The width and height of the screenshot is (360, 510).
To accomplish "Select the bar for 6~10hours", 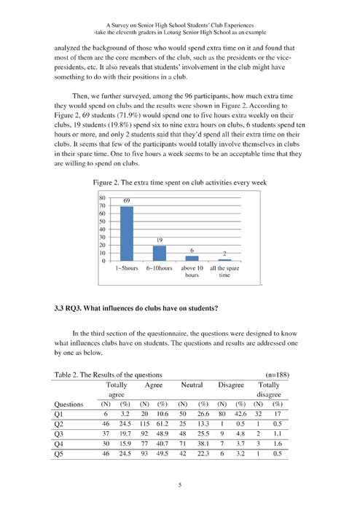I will coord(158,253).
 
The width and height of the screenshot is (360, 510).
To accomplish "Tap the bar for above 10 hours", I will coord(191,258).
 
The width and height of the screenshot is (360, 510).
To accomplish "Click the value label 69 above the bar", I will coord(126,200).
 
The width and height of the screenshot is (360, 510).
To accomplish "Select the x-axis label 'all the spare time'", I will coord(224,272).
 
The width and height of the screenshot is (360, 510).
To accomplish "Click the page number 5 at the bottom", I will coord(180,484).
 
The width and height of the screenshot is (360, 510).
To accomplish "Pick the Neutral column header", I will coord(193,384).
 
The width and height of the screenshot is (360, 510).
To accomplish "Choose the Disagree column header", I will coord(232,384).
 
